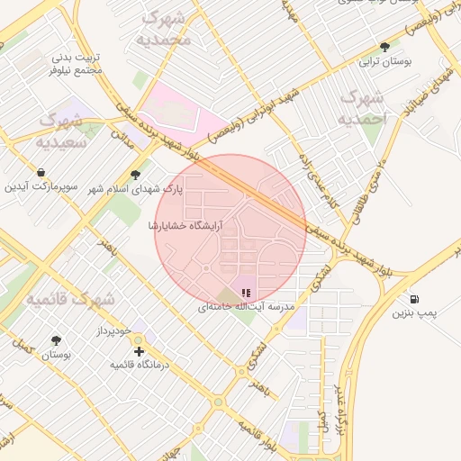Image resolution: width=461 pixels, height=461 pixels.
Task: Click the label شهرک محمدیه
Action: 167,29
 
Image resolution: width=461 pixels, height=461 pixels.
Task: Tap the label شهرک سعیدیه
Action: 61,131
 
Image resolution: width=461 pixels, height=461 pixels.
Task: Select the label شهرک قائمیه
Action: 69,298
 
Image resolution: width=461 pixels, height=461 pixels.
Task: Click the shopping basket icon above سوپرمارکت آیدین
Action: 41,172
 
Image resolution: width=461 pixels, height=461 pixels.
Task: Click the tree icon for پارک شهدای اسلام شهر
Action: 135,175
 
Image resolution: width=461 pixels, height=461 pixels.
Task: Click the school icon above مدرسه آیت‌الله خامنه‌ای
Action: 247,292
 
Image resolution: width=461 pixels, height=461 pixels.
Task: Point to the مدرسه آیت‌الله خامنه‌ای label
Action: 247,307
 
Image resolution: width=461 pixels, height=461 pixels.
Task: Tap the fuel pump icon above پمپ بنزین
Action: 413,299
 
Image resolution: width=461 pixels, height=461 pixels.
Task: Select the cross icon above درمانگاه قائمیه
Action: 139,351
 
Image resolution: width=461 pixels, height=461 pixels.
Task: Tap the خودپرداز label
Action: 114,332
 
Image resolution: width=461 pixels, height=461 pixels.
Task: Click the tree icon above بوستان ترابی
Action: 385,47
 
